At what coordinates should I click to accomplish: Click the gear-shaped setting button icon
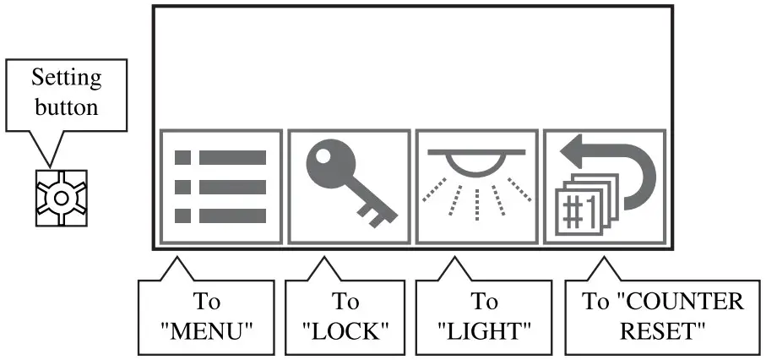click(61, 198)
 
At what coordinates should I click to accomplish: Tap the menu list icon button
click(221, 187)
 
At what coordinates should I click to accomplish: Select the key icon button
click(349, 187)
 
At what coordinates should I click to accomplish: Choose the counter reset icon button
click(604, 187)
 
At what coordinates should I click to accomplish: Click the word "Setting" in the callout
click(67, 79)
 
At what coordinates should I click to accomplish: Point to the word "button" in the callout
click(67, 107)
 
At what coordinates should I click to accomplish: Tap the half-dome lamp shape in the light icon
click(477, 162)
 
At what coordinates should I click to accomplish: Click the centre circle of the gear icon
click(61, 198)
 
